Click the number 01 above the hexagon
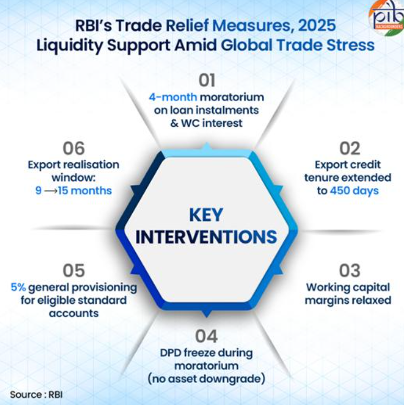coord(207,80)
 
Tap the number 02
coord(350,148)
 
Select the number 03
coord(350,270)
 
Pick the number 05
coord(74,270)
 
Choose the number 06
coord(74,148)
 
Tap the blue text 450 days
coord(354,190)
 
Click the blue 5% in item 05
coord(19,288)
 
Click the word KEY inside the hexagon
coord(205,215)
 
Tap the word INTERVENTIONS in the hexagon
coord(206,236)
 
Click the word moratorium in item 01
coord(238,98)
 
